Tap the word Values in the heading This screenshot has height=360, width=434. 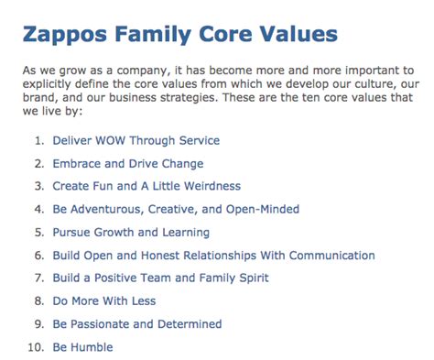point(292,37)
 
